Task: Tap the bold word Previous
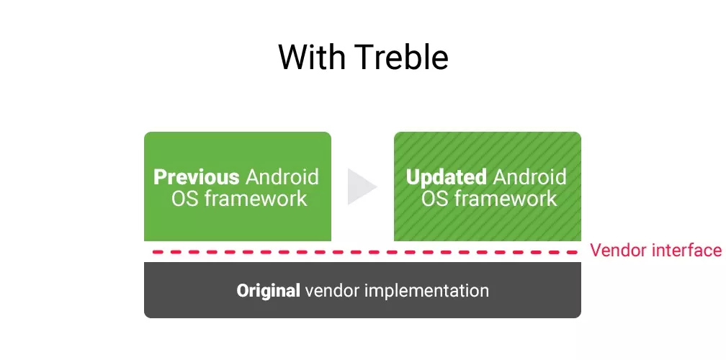[x=197, y=177]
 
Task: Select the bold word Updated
[x=447, y=177]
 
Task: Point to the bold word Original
[x=268, y=291]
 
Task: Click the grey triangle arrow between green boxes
[x=362, y=186]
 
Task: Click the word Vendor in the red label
[x=619, y=251]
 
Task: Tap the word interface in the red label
[x=686, y=251]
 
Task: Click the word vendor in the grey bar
[x=333, y=291]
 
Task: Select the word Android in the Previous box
[x=282, y=177]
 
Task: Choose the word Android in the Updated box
[x=529, y=177]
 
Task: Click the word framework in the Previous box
[x=256, y=199]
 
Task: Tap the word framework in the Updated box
[x=506, y=199]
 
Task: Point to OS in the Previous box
[x=185, y=199]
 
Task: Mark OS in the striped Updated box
[x=435, y=199]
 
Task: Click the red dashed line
[x=365, y=252]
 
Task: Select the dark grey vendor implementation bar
[x=362, y=290]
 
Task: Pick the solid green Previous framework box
[x=238, y=186]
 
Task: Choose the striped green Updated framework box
[x=488, y=186]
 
